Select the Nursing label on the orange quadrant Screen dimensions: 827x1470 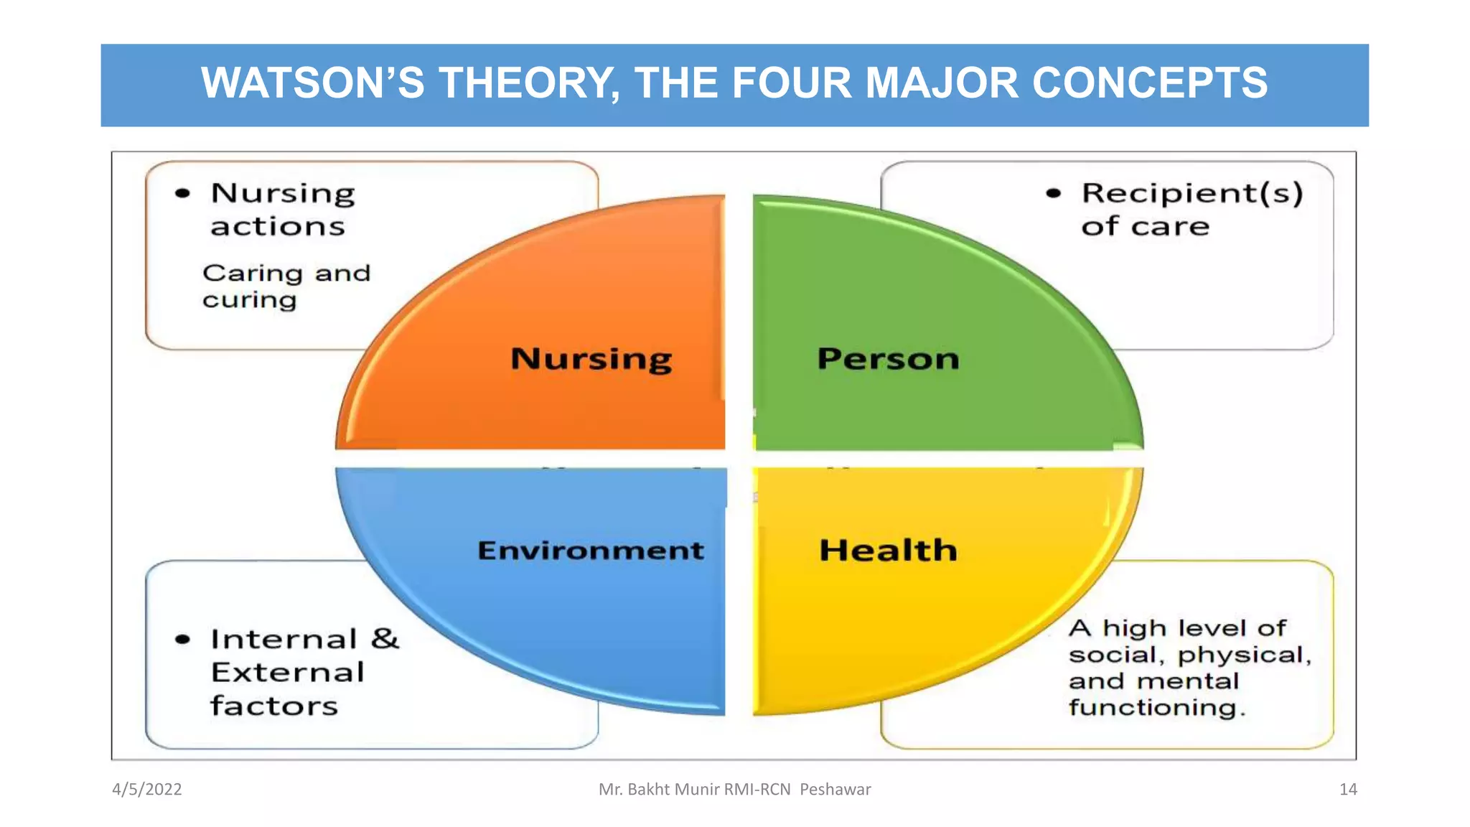[x=591, y=359]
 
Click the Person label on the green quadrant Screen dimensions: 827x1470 [x=888, y=359]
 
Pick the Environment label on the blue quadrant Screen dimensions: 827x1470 [x=590, y=551]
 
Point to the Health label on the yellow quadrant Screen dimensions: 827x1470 [x=888, y=551]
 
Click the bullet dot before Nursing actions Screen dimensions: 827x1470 [x=183, y=193]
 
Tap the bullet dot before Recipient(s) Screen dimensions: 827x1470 [x=1053, y=193]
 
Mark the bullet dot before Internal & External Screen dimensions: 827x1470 [x=183, y=639]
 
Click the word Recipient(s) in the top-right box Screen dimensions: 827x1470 [x=1192, y=193]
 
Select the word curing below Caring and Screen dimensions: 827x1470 [x=249, y=300]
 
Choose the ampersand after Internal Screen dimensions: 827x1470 [x=385, y=638]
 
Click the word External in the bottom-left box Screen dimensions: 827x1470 [x=287, y=673]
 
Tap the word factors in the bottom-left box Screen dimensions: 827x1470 [x=273, y=706]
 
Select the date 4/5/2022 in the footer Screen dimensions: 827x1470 [x=146, y=790]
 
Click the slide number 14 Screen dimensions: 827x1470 [x=1348, y=790]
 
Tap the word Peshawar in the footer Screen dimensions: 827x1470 [x=835, y=790]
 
